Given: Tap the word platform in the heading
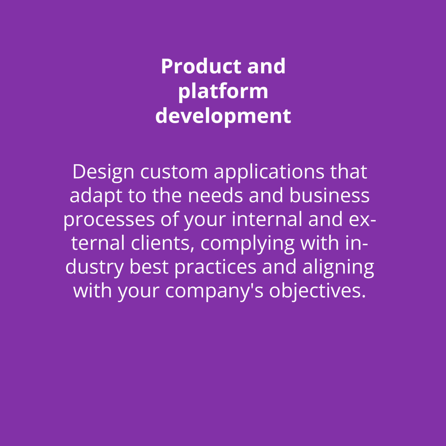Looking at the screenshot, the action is [x=223, y=91].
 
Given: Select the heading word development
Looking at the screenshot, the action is [x=223, y=116].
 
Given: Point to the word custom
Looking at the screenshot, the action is [x=174, y=172].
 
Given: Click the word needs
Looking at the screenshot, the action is [x=215, y=195].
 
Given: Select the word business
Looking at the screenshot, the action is [x=330, y=195].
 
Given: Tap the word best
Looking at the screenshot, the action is [x=149, y=267].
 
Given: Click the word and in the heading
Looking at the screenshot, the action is [x=266, y=66].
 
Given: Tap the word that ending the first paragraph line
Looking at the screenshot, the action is [x=349, y=172].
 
